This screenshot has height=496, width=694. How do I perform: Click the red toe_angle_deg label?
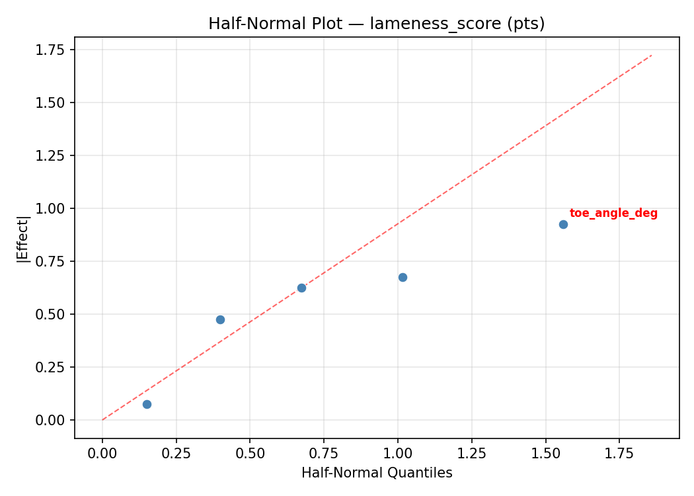click(613, 214)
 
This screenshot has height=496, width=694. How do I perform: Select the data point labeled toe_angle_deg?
click(563, 224)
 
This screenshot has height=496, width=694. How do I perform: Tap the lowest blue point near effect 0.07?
click(147, 404)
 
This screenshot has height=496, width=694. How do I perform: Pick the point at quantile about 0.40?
click(220, 319)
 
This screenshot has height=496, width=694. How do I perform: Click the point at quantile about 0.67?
click(301, 288)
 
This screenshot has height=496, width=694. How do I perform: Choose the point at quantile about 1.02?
click(403, 277)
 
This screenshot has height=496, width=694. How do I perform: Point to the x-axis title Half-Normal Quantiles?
click(377, 473)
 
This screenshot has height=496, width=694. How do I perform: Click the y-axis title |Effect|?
click(23, 237)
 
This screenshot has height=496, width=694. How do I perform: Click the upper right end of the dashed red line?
click(651, 56)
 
